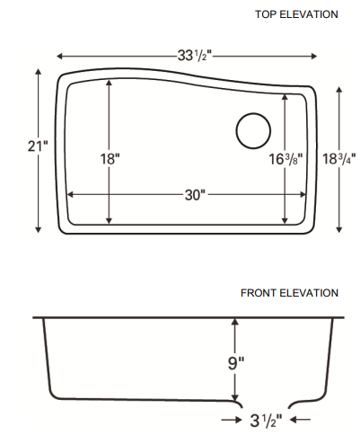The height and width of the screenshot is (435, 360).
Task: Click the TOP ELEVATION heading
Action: pos(296,14)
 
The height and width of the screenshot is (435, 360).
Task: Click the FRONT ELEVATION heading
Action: pos(289,293)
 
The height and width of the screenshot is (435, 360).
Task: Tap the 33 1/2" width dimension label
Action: pos(190,55)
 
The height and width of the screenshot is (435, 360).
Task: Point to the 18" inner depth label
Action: pos(110,157)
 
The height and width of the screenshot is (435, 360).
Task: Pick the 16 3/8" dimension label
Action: pos(286,158)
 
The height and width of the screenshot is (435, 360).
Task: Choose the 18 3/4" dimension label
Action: pos(338,158)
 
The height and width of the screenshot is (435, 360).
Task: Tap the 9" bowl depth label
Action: pos(236,364)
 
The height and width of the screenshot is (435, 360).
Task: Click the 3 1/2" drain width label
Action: pos(267,419)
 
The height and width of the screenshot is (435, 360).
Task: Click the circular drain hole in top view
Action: pos(253,131)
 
